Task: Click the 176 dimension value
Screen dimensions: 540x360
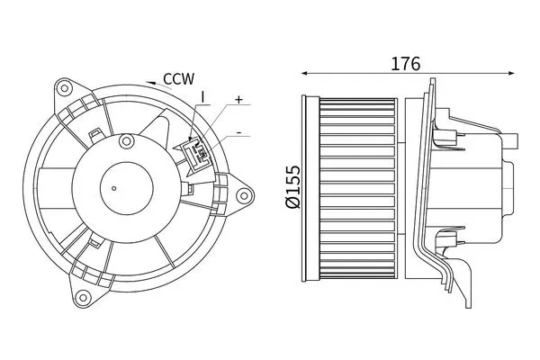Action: [405, 63]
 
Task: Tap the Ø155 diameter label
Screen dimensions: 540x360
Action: [293, 187]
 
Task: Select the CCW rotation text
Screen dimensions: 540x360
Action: [179, 79]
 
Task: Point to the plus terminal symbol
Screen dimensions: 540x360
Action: [238, 100]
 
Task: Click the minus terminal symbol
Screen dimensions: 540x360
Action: [238, 132]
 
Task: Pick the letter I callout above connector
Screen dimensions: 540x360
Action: [202, 97]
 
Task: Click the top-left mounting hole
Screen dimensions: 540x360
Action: [64, 88]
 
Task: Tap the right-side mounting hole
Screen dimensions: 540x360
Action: [244, 196]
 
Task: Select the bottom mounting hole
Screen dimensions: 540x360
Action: [83, 297]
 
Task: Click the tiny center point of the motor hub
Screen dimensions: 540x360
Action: [114, 188]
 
